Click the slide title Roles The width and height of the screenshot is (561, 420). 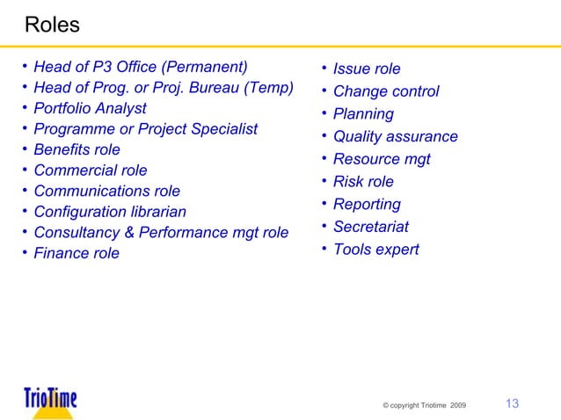click(52, 25)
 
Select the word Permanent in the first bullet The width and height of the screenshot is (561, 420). click(207, 67)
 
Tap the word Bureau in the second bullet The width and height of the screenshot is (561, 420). click(217, 88)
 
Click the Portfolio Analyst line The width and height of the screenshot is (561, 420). click(90, 109)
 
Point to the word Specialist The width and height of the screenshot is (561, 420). click(223, 129)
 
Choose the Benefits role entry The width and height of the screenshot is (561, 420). click(76, 150)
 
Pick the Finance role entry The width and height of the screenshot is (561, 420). click(76, 254)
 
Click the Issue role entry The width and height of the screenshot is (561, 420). click(367, 69)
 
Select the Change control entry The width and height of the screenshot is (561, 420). click(386, 91)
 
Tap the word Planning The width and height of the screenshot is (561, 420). click(363, 114)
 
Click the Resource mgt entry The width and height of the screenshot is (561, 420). click(382, 160)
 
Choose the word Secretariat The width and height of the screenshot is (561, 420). click(371, 228)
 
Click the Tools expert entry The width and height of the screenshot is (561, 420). click(375, 250)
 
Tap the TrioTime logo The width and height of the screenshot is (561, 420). click(50, 400)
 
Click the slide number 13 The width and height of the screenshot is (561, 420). click(512, 403)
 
